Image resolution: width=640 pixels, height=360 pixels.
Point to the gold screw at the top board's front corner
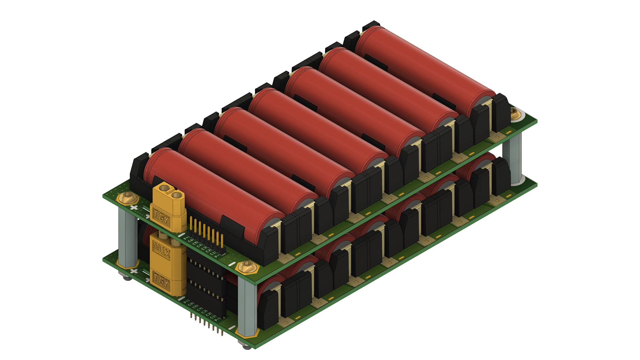[247, 267]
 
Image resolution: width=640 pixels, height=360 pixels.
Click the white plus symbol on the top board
[134, 207]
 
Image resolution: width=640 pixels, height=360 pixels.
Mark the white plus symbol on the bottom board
[134, 271]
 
